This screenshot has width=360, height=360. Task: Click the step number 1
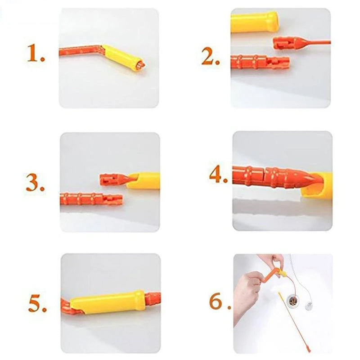(x=36, y=53)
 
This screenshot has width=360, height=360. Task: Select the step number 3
(x=35, y=183)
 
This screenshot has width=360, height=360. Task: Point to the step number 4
(x=218, y=175)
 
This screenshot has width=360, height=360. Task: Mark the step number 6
(x=220, y=301)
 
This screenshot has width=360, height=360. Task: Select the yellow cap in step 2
(x=254, y=22)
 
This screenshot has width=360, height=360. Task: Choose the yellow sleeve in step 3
(x=144, y=180)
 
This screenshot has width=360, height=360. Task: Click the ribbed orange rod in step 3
(x=91, y=199)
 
